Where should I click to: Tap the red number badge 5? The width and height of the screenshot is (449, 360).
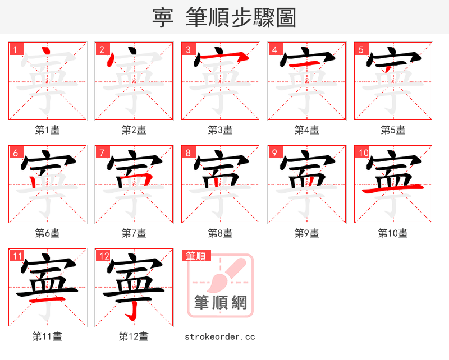(361, 49)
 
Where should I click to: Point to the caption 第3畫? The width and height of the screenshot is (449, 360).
(220, 130)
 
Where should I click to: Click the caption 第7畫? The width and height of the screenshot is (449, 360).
(134, 233)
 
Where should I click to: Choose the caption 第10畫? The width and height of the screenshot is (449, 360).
(393, 233)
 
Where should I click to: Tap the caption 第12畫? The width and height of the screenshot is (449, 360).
(134, 336)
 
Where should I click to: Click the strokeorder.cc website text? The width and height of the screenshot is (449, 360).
(220, 336)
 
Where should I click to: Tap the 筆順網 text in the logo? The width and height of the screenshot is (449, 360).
(220, 303)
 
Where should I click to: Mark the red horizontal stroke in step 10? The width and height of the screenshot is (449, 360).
(393, 189)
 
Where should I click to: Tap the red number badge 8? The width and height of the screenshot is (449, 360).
(188, 153)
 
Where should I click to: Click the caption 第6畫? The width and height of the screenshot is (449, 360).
(47, 233)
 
